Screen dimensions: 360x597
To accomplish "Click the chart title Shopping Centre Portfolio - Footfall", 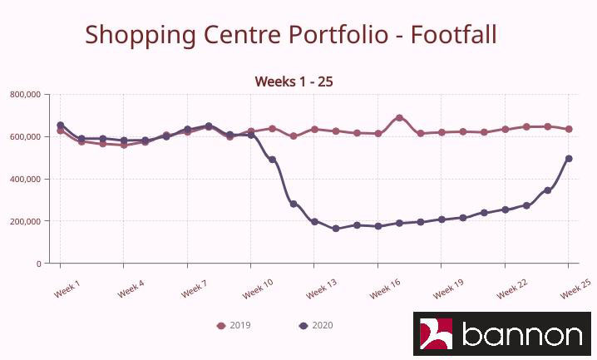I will (291, 35).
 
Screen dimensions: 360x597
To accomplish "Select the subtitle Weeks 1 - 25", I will (294, 81).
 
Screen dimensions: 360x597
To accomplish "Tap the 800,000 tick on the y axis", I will (26, 95).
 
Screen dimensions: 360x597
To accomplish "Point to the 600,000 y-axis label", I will (26, 136).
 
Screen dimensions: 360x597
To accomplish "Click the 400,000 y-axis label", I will (26, 179).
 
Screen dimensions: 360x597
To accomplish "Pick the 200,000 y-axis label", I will (26, 221).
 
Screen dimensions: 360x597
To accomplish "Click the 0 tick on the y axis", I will (38, 264).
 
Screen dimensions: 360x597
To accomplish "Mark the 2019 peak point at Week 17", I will (399, 118).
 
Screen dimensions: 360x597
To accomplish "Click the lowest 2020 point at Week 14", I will (336, 229).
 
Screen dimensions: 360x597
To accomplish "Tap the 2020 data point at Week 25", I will (569, 159).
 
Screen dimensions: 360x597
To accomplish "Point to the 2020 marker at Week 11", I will (272, 160).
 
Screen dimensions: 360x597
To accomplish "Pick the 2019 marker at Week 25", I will (569, 129).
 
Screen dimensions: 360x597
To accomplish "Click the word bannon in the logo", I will (521, 334).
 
